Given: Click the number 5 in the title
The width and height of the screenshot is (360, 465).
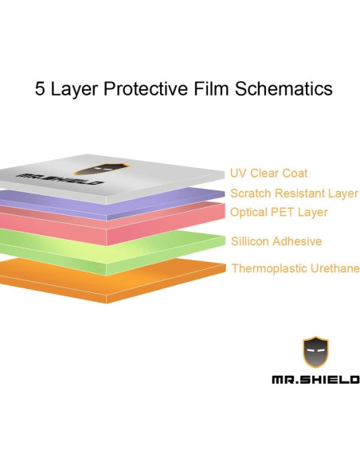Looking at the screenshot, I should click(40, 88).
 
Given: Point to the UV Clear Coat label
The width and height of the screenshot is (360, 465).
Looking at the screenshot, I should click(268, 173).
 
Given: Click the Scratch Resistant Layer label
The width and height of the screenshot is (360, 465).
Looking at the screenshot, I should click(294, 193).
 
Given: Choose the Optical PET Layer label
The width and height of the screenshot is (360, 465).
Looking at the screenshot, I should click(278, 213).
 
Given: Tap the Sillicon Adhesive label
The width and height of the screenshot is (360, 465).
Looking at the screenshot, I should click(276, 241).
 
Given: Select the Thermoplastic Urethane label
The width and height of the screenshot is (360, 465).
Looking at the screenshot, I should click(295, 268).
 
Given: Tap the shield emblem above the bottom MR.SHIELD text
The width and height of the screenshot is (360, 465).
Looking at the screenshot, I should click(315, 352).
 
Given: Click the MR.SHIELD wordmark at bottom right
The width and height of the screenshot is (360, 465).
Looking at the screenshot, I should click(315, 380).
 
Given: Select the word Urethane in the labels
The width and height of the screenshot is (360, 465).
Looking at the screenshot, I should click(331, 268).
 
